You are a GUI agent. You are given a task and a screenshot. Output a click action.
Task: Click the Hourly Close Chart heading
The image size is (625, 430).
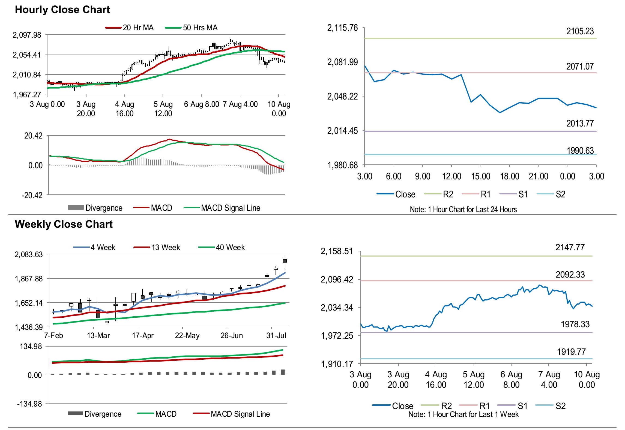tap(62, 10)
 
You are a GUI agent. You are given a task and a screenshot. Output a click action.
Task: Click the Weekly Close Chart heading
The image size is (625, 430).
tap(64, 224)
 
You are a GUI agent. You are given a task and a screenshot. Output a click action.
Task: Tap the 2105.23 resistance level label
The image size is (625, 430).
tap(580, 31)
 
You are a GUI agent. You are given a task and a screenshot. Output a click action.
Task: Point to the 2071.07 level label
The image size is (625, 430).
tap(580, 66)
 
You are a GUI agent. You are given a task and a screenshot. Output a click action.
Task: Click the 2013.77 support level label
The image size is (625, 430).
tap(580, 123)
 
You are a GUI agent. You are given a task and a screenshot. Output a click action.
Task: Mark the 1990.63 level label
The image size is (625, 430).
tap(580, 151)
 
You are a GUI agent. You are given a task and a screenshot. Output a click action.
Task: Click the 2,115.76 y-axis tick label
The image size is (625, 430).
tap(342, 28)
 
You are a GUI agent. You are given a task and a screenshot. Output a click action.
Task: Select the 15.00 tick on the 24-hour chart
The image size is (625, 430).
tap(480, 176)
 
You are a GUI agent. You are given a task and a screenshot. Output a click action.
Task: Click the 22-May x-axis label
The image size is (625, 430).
tap(187, 335)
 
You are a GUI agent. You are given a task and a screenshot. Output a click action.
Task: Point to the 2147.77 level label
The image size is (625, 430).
tap(570, 247)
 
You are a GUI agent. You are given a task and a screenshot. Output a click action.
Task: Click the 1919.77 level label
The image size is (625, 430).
tap(571, 352)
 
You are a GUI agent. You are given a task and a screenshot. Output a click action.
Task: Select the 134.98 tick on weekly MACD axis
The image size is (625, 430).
tap(31, 347)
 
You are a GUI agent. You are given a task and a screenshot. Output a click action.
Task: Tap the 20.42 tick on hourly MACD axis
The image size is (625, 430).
tap(33, 136)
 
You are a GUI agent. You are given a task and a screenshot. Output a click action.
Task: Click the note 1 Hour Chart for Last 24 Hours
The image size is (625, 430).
tap(463, 209)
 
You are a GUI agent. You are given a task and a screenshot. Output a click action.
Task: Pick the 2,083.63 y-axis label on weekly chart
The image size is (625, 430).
tap(29, 254)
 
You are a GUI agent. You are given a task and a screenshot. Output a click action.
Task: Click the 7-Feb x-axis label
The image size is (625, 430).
tap(53, 335)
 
